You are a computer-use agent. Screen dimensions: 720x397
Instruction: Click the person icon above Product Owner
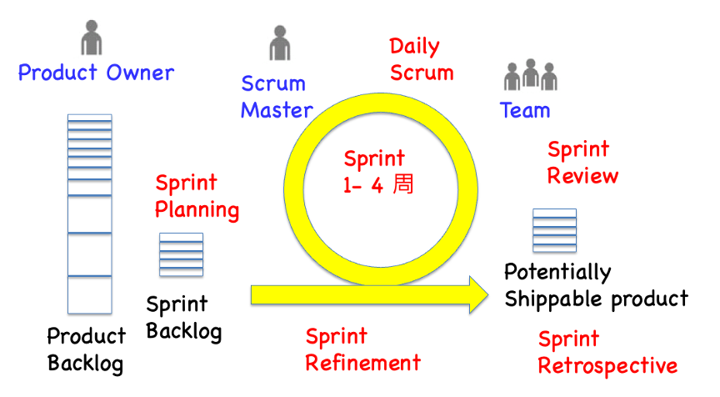92,38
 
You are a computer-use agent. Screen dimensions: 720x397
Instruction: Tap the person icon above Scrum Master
280,43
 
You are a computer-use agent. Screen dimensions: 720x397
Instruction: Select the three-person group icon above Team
530,74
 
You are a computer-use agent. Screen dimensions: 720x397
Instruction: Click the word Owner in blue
140,73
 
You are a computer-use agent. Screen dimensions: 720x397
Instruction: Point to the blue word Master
277,110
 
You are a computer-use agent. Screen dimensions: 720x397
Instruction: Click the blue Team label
525,110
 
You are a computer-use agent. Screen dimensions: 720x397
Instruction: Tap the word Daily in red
415,47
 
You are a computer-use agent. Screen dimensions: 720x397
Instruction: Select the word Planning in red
197,210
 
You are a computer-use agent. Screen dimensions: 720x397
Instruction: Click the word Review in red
582,175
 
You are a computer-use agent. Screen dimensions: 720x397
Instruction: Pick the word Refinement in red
362,363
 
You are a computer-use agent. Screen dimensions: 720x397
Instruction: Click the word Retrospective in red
607,366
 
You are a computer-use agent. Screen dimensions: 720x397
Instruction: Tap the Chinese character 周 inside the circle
403,184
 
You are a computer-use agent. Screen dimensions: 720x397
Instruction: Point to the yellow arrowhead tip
488,295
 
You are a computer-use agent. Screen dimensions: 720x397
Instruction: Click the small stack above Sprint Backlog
181,254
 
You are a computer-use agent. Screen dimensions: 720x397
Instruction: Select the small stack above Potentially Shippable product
554,231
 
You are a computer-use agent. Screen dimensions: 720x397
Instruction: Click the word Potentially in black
557,273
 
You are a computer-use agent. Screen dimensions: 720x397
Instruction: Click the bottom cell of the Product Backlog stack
89,295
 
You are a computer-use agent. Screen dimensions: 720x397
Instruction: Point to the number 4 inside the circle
377,185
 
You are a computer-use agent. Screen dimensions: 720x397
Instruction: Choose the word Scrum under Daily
422,73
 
